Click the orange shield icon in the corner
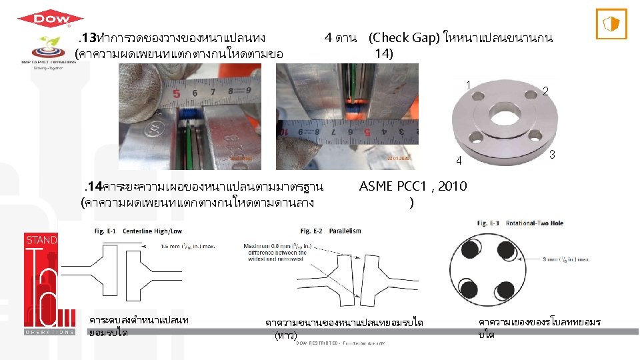coord(610,25)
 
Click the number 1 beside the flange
coord(469,85)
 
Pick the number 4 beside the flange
coord(459,160)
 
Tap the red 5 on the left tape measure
coord(177,93)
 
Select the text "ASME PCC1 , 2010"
coord(413,186)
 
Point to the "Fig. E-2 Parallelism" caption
coord(331,231)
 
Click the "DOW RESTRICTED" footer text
coord(339,343)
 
